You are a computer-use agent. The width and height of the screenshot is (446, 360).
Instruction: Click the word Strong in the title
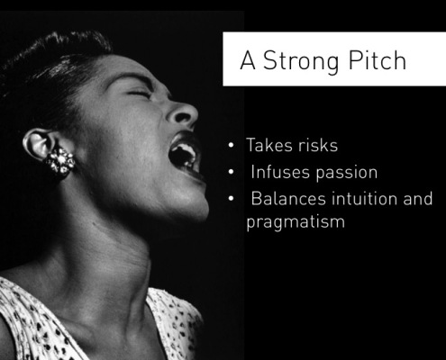[x=301, y=61]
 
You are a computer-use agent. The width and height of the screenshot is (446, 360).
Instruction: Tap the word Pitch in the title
[x=378, y=60]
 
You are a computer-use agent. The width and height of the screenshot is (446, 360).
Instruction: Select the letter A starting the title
[x=248, y=60]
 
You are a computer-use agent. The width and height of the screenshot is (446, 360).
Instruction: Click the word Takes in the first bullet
[x=269, y=145]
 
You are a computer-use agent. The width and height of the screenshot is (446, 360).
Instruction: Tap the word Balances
[x=288, y=199]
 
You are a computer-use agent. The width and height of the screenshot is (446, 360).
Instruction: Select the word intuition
[x=364, y=199]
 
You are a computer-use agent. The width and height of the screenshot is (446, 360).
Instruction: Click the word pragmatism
[x=296, y=222]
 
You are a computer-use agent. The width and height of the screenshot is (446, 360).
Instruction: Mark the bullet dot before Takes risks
[x=231, y=145]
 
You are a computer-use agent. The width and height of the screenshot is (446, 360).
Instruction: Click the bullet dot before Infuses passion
[x=231, y=172]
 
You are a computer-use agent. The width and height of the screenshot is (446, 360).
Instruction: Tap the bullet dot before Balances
[x=231, y=198]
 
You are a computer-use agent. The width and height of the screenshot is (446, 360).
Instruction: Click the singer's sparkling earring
[x=60, y=161]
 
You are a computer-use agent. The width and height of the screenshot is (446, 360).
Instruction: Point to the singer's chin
[x=192, y=205]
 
